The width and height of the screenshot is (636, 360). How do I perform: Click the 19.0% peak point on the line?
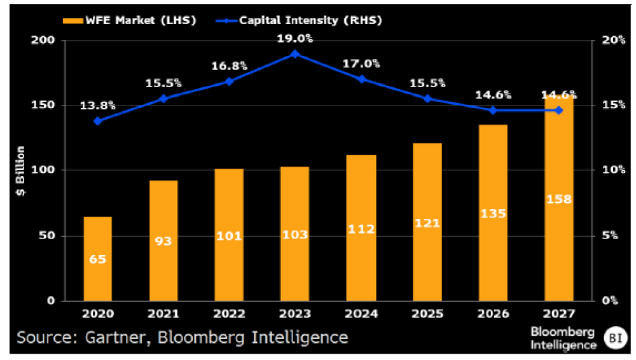[x=294, y=54]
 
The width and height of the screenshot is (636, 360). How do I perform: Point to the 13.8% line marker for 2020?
[x=97, y=121]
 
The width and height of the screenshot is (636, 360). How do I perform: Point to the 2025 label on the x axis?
[x=427, y=314]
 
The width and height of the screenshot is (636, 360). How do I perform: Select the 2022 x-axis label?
[x=229, y=314]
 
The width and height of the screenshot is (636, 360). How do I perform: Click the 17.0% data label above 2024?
[x=362, y=64]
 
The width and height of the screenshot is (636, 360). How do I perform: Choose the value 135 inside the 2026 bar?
[x=493, y=214]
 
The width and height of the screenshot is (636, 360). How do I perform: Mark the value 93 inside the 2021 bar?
[x=163, y=240]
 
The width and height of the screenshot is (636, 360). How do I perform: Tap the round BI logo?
[x=614, y=336]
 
